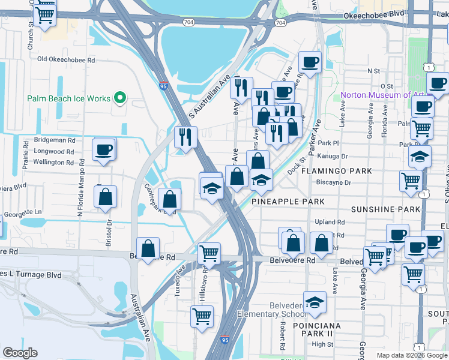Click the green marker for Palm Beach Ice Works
[120, 98]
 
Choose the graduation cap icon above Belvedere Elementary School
[315, 303]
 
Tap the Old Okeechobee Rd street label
[66, 59]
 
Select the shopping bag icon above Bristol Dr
[106, 197]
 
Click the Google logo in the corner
[20, 353]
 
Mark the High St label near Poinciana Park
[322, 344]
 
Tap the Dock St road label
[298, 160]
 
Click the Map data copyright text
[412, 355]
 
